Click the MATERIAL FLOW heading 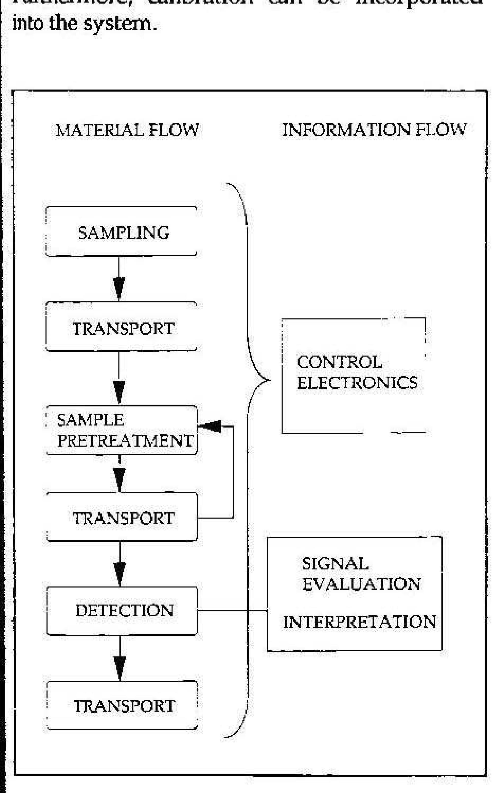pos(127,130)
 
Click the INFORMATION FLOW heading pos(374,130)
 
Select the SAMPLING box pos(121,231)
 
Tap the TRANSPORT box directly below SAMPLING pos(121,327)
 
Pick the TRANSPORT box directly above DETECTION pos(122,518)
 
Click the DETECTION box pos(122,610)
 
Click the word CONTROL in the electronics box pos(339,362)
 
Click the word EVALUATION pos(361,584)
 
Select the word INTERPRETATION pos(359,622)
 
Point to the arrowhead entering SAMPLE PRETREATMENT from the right pos(210,426)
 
